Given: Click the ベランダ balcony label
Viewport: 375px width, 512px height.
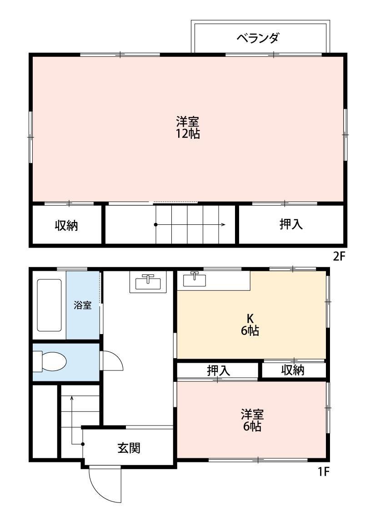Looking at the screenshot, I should click(257, 38).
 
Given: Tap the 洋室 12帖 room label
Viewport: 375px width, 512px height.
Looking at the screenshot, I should click(188, 127).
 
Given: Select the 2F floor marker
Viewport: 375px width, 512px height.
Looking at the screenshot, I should click(340, 256).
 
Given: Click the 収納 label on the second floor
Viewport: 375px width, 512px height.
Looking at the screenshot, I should click(66, 225).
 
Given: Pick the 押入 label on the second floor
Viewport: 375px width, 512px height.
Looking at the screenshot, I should click(291, 224).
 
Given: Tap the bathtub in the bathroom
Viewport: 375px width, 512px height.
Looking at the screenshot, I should click(49, 305).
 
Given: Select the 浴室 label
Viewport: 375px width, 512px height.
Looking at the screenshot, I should click(83, 305).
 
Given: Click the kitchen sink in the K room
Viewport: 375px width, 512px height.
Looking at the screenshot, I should click(195, 279).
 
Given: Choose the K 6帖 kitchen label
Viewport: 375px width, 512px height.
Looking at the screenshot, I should click(250, 325).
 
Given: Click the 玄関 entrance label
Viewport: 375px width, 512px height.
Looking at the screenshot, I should click(129, 448).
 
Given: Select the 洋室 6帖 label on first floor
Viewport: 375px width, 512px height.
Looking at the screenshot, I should click(252, 420).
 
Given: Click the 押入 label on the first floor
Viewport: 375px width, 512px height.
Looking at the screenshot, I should click(218, 370).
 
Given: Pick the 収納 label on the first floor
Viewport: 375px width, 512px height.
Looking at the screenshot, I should click(292, 370).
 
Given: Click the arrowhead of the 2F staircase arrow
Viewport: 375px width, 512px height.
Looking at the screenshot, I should click(224, 224).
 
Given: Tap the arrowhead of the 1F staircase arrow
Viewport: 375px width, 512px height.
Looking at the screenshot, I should click(71, 398).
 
